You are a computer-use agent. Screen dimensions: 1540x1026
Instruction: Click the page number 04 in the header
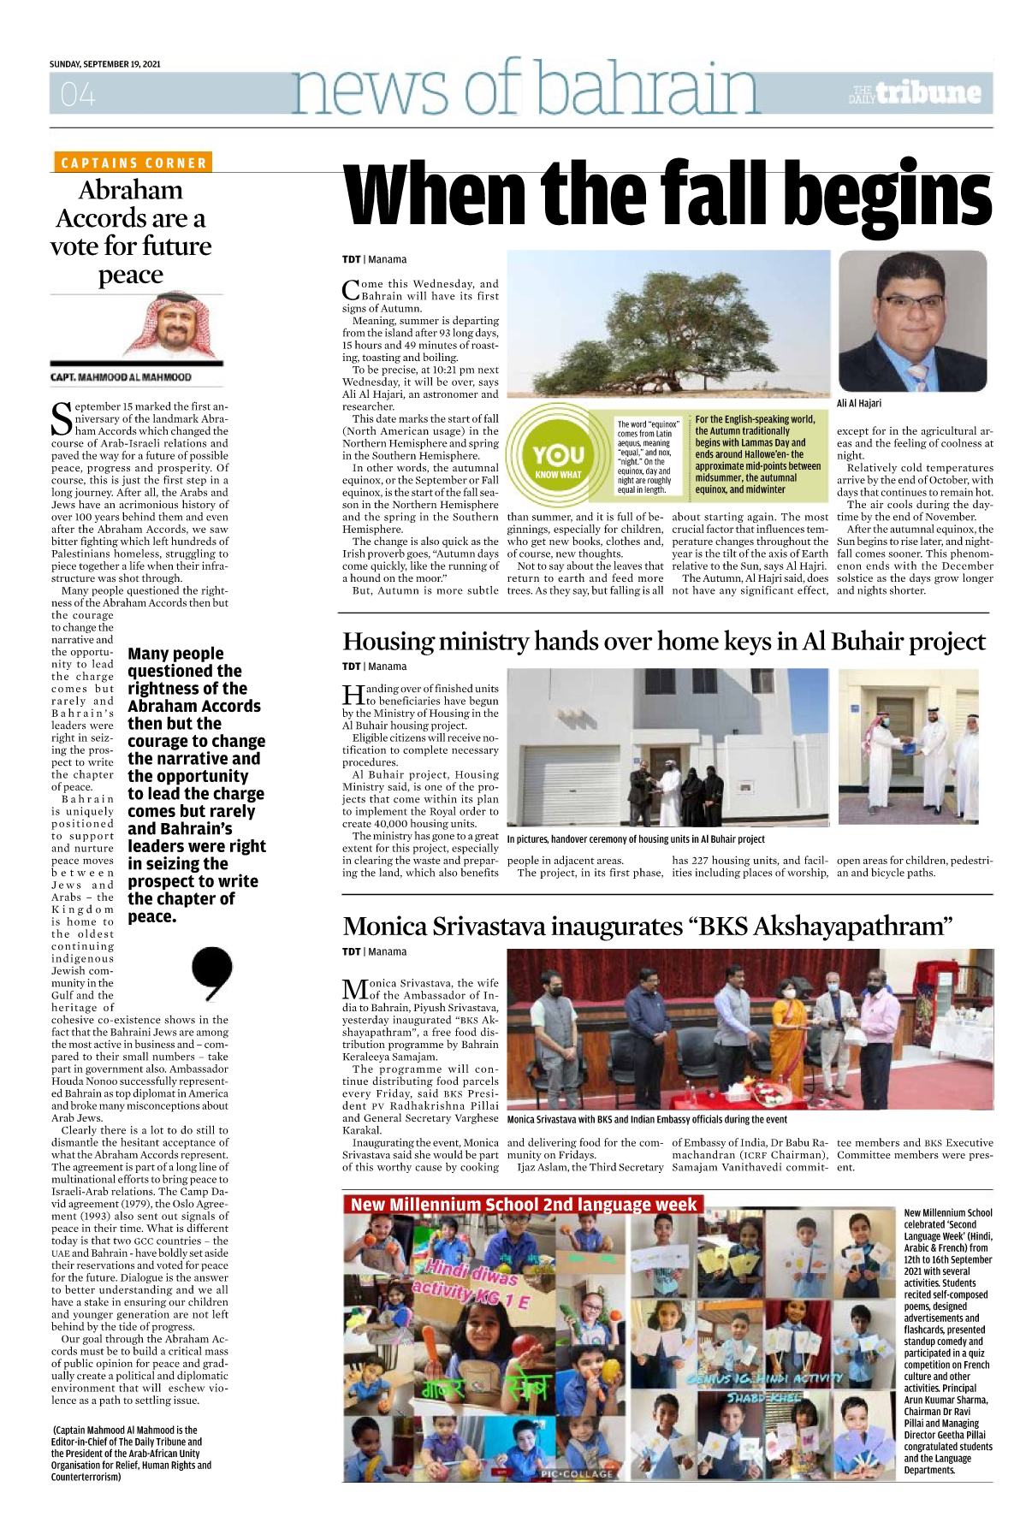click(78, 94)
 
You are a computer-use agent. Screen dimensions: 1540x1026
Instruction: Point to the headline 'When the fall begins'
click(667, 196)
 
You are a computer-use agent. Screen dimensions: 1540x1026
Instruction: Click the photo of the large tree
click(668, 323)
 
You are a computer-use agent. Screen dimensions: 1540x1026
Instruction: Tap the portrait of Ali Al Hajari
click(914, 321)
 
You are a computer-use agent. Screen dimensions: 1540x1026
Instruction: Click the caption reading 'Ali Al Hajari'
click(859, 403)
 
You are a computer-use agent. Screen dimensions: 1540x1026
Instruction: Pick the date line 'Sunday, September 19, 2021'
click(105, 64)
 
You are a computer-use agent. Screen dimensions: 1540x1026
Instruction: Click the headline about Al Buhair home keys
click(664, 642)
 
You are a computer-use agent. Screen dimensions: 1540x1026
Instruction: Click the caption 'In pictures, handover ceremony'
click(636, 839)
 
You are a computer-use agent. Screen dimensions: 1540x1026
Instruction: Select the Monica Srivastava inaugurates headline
click(647, 927)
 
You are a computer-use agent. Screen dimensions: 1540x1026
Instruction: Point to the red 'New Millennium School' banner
click(523, 1205)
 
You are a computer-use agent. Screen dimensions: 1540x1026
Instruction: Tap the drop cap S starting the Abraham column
click(62, 418)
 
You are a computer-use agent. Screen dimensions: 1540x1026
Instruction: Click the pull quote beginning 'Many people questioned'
click(196, 785)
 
